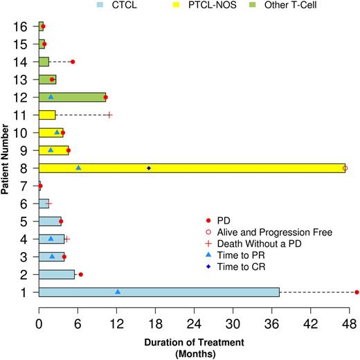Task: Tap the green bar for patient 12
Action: (73, 97)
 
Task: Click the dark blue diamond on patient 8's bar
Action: (149, 168)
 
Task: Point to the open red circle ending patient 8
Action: (345, 168)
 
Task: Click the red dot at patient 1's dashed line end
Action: (357, 292)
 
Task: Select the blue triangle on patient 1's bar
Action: (118, 291)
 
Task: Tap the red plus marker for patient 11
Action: (109, 115)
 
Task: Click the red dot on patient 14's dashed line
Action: (73, 62)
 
